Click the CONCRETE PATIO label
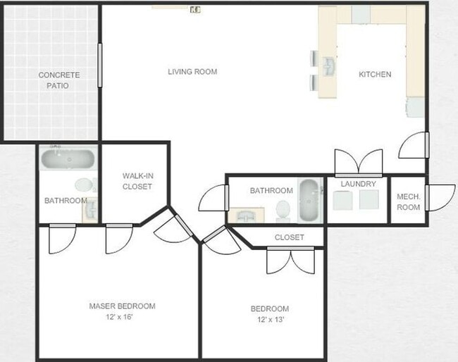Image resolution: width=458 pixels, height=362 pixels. tap(58, 80)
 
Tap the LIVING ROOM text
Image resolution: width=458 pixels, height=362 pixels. tap(192, 71)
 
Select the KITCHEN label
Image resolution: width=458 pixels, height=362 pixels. tap(375, 74)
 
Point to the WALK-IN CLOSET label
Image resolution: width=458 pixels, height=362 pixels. tap(137, 181)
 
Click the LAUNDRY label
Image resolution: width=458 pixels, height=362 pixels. tap(358, 184)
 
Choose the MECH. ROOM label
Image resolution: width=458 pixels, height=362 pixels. tap(409, 202)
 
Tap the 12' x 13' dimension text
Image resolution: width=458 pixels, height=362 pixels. tap(269, 320)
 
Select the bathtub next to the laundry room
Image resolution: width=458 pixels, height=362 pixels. tap(309, 200)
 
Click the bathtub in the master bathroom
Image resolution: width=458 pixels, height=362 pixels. tap(68, 158)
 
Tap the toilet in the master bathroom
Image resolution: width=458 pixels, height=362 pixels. tap(84, 186)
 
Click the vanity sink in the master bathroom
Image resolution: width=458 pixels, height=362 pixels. tap(90, 209)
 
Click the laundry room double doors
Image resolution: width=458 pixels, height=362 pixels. tap(358, 163)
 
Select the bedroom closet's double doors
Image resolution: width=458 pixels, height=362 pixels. tap(290, 261)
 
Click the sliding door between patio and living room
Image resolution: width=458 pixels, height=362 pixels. tap(100, 65)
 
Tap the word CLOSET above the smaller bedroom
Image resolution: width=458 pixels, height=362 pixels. tap(289, 237)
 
